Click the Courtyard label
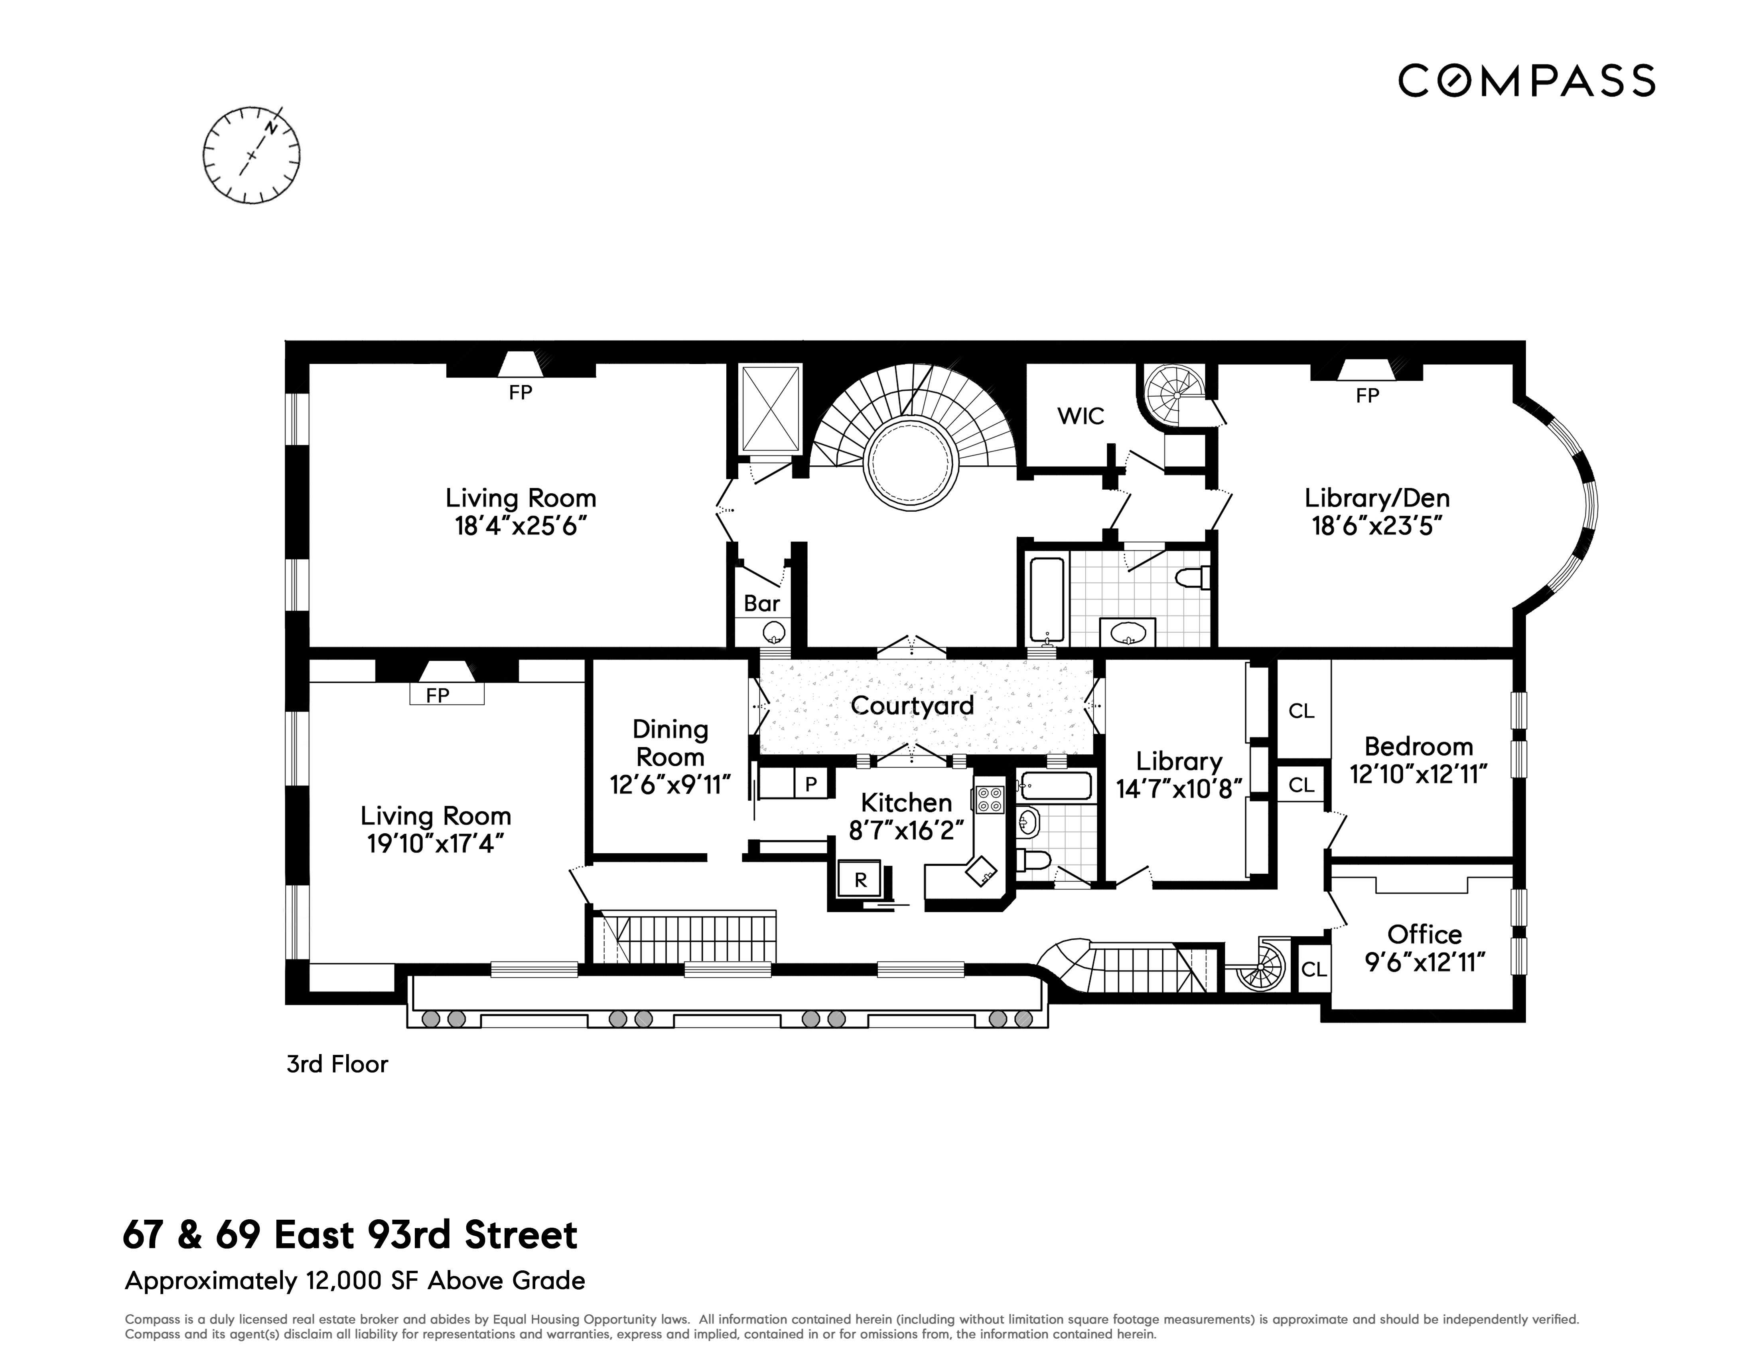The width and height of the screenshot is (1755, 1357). (912, 706)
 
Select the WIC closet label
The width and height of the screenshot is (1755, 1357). (1080, 415)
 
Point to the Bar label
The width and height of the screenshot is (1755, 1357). (761, 603)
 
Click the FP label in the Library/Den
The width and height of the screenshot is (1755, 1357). (1367, 396)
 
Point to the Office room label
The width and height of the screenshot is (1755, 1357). (1424, 934)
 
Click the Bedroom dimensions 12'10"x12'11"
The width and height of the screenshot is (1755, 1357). (1418, 774)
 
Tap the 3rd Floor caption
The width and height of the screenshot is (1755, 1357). (337, 1064)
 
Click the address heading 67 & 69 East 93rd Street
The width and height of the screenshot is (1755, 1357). (350, 1235)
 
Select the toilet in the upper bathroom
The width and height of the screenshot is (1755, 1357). (1193, 578)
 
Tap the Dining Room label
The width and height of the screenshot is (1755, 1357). (670, 743)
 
